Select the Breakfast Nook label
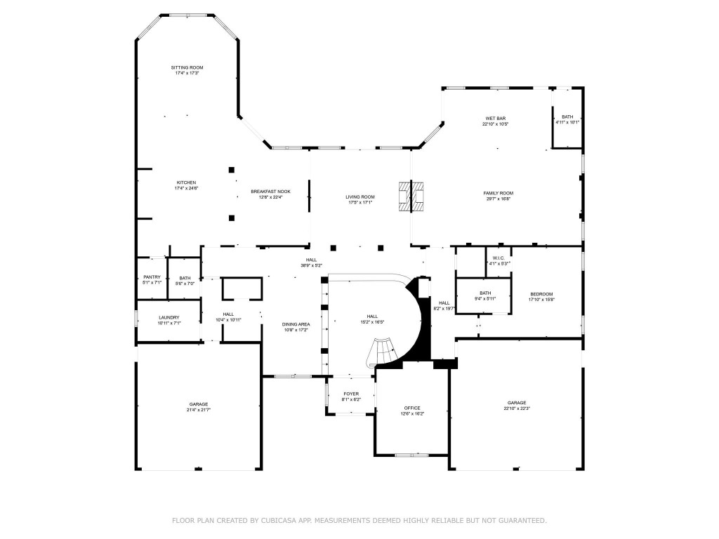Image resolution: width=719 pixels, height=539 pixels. (270, 192)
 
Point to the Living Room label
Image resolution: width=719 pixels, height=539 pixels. (359, 197)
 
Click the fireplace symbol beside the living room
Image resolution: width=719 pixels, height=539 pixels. (411, 196)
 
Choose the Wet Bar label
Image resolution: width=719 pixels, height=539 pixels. (495, 119)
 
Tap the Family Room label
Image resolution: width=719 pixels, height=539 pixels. (498, 193)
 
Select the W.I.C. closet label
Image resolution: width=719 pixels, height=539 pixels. (499, 258)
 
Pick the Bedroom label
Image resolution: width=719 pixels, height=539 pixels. (541, 294)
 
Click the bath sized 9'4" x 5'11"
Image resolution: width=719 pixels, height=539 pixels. (485, 294)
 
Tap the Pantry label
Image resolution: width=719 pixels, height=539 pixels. (152, 277)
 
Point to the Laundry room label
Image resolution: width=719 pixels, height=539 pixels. (169, 317)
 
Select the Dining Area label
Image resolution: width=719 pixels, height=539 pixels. (296, 324)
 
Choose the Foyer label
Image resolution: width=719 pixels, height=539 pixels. (351, 394)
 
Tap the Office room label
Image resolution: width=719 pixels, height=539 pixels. (411, 408)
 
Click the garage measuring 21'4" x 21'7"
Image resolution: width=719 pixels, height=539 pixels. (198, 404)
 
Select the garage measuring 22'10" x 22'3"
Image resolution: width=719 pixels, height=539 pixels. (516, 403)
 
